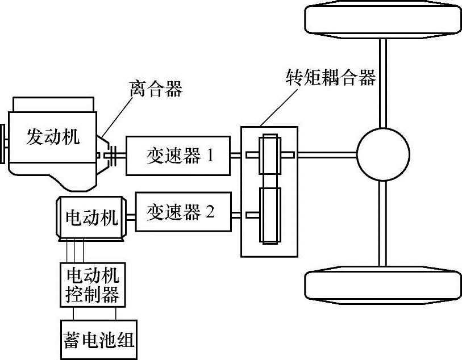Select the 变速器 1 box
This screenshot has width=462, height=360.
pos(178,155)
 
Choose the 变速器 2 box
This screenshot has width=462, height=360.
pos(183,212)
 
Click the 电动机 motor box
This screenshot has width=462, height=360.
pos(91,217)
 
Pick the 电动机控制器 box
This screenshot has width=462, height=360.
pos(93,286)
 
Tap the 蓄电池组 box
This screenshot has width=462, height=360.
pos(99,339)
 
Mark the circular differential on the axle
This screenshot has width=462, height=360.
pos(383,154)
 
